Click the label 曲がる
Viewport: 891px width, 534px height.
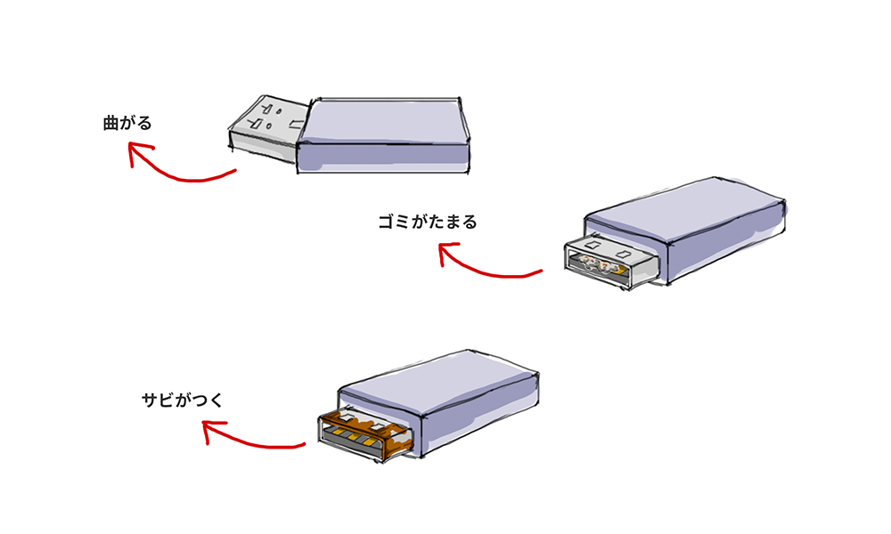[x=127, y=123]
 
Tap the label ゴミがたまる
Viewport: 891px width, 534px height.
[x=428, y=222]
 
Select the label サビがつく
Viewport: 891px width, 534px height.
[x=182, y=400]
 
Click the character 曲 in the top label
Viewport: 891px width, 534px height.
[x=110, y=123]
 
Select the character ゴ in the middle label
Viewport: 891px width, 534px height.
[x=386, y=222]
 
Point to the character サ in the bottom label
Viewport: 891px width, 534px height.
[x=149, y=400]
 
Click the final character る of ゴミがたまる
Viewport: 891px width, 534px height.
[x=470, y=222]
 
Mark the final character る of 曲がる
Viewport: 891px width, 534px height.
[x=144, y=123]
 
